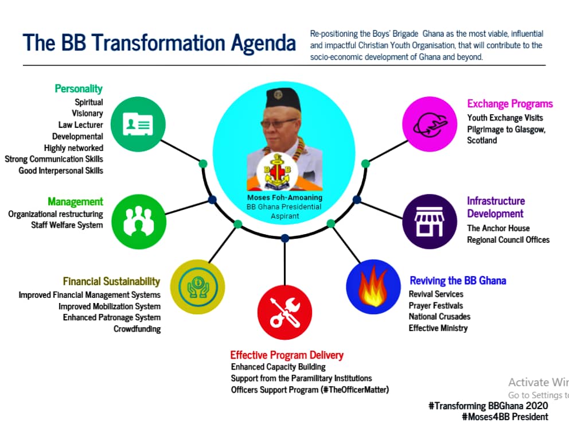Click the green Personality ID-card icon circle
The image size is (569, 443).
(138, 124)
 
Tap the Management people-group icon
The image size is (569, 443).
(139, 222)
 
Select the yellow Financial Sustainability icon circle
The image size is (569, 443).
(197, 287)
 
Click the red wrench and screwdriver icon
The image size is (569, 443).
(285, 312)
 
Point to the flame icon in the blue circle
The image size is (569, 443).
(373, 286)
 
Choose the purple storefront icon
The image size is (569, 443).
(429, 222)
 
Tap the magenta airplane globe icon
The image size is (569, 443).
(430, 124)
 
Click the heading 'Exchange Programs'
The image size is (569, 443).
(510, 104)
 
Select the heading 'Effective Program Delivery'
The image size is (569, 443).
(287, 355)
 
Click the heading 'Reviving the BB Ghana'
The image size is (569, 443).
(458, 281)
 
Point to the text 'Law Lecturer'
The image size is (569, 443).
(80, 125)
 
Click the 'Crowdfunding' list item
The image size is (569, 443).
(137, 329)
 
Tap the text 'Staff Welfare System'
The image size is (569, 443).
(67, 225)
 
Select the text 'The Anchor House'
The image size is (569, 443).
(498, 228)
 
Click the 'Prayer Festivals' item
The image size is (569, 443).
(436, 306)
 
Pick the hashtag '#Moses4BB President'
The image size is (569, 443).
(505, 417)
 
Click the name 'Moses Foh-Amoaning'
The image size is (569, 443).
(285, 197)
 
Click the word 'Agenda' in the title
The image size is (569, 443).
(263, 43)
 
